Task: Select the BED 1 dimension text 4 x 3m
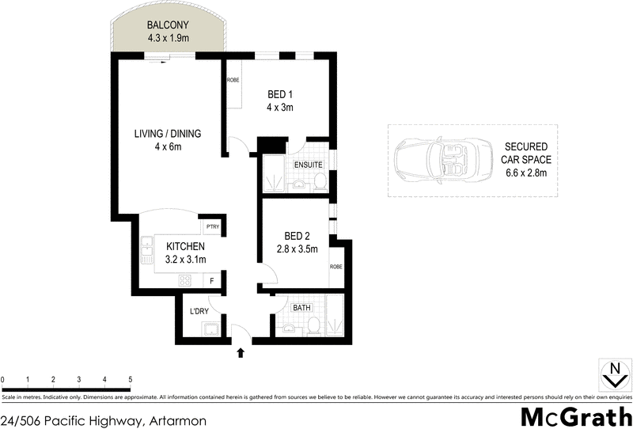click(x=280, y=107)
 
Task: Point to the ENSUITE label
click(x=308, y=165)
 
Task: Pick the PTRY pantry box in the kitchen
click(x=211, y=227)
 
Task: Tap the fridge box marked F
click(x=211, y=280)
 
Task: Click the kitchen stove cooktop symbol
click(x=186, y=279)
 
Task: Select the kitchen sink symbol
click(x=146, y=252)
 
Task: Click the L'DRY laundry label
click(x=199, y=311)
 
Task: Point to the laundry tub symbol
click(x=212, y=330)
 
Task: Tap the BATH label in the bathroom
click(x=301, y=307)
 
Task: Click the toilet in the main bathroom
click(x=314, y=325)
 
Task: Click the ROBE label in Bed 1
click(x=233, y=81)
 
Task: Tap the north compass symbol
click(x=613, y=374)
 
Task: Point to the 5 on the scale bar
click(x=129, y=380)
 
